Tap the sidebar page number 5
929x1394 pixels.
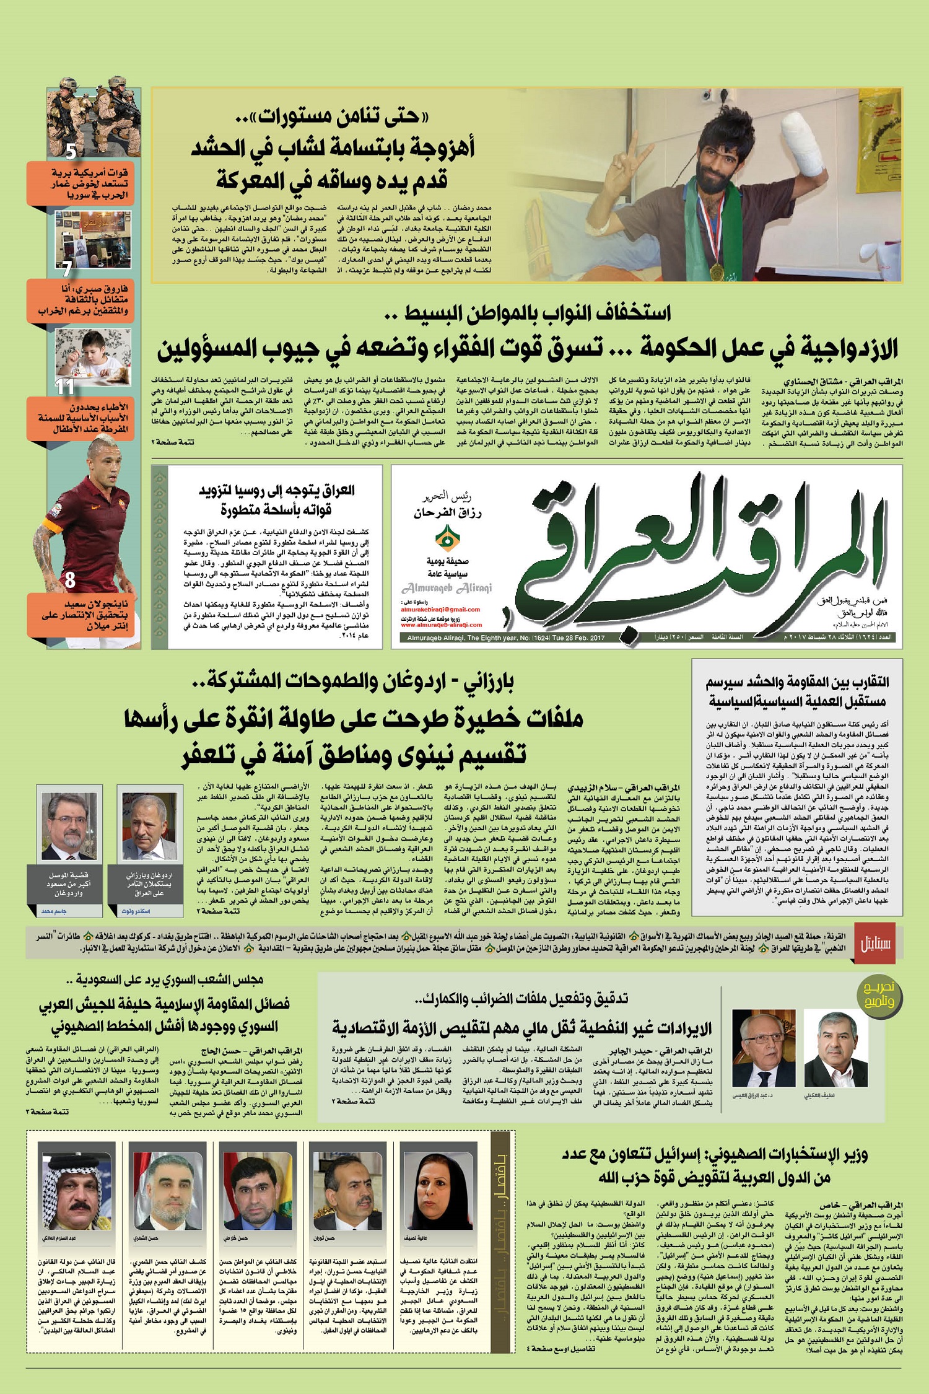tap(71, 151)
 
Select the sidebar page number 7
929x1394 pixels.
tap(67, 268)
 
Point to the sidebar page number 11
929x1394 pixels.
tap(65, 387)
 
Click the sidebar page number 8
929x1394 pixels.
tap(70, 580)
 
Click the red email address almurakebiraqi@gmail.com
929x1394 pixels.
tap(440, 609)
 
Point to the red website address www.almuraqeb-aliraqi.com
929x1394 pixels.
tap(441, 625)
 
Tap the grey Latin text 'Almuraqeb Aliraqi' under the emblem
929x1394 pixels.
tap(447, 587)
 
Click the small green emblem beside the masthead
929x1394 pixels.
tap(443, 537)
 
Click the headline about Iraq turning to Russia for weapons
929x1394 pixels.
tap(276, 499)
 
